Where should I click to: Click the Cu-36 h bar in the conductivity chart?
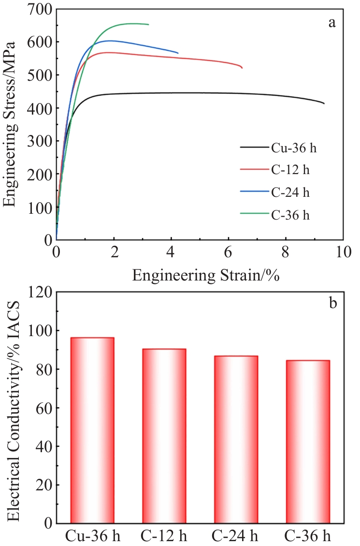(x=92, y=430)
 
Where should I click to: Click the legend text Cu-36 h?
(x=294, y=147)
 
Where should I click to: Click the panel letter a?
(x=332, y=23)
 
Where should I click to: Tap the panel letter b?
(x=333, y=303)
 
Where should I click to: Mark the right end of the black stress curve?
(x=324, y=103)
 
